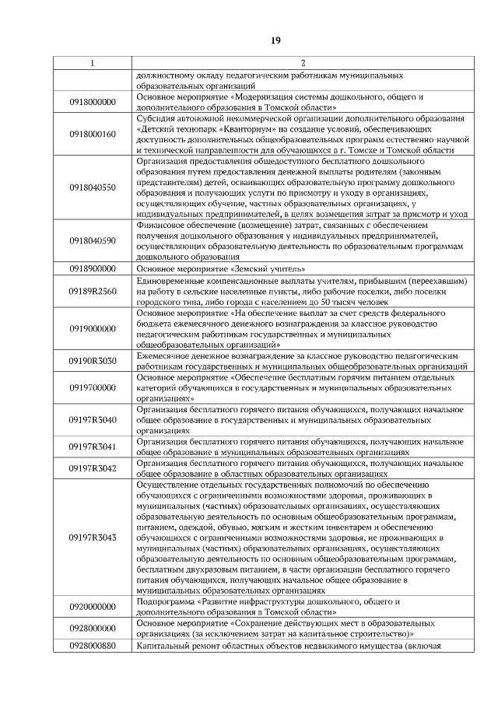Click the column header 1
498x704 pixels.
pyautogui.click(x=92, y=61)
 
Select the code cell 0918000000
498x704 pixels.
pyautogui.click(x=92, y=102)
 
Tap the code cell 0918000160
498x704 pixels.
pyautogui.click(x=92, y=133)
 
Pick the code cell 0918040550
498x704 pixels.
pyautogui.click(x=92, y=187)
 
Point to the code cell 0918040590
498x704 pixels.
pyautogui.click(x=92, y=240)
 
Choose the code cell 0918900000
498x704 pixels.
pyautogui.click(x=92, y=268)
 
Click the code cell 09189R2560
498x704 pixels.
pyautogui.click(x=92, y=291)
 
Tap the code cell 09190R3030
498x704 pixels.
pyautogui.click(x=92, y=361)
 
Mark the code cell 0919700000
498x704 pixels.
pyautogui.click(x=92, y=387)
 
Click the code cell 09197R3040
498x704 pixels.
pyautogui.click(x=92, y=419)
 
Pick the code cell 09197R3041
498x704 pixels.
pyautogui.click(x=92, y=447)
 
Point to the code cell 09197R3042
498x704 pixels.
pyautogui.click(x=92, y=468)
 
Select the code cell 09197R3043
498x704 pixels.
pyautogui.click(x=92, y=538)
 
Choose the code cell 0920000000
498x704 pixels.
pyautogui.click(x=92, y=607)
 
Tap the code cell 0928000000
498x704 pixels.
pyautogui.click(x=92, y=628)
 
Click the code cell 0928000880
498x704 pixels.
pyautogui.click(x=92, y=646)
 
